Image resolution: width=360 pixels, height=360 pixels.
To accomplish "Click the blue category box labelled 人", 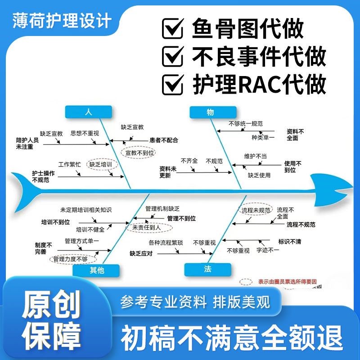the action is coord(88,112).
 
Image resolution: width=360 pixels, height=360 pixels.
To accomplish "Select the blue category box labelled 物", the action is coord(210,112).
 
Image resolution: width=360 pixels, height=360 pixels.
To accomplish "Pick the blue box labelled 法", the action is coord(207,269).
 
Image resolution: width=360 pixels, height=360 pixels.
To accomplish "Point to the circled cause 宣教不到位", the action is coord(139,153).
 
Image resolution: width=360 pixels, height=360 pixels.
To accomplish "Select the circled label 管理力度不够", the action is coord(70,260).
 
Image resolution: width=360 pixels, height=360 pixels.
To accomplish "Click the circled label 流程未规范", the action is coord(256,210).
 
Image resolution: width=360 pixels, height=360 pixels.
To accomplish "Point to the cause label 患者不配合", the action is coord(164,140).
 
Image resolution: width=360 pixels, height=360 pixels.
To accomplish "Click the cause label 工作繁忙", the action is coord(70,165).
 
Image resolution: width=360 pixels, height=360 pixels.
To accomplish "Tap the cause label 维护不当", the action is coord(255,156).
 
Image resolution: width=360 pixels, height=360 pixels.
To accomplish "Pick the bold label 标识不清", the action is coord(289,242).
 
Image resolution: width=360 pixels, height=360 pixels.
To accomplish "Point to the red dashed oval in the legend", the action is coord(246,282).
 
